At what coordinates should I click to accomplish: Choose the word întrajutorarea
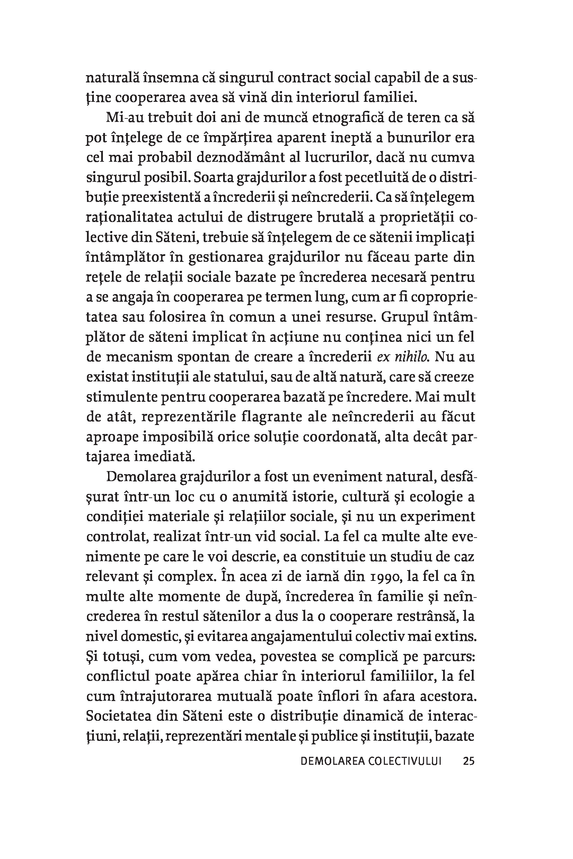(x=166, y=697)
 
